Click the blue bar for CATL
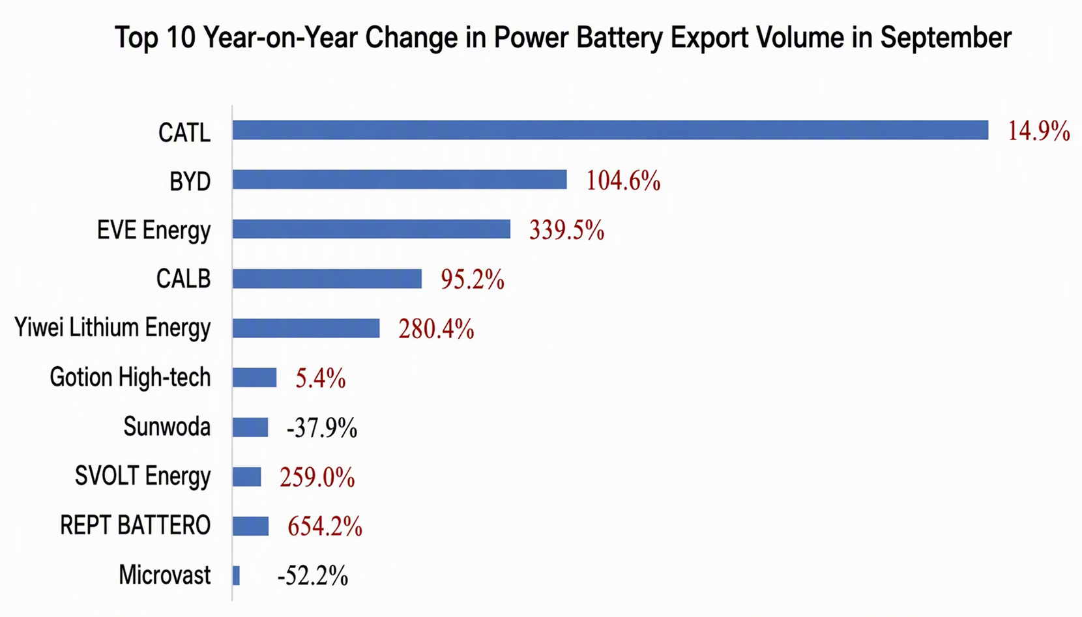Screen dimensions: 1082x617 (x=610, y=130)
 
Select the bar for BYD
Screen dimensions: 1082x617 (x=400, y=180)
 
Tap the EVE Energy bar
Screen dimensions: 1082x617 (x=372, y=229)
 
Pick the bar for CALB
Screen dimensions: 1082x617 (x=327, y=279)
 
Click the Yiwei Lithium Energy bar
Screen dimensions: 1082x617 (x=306, y=328)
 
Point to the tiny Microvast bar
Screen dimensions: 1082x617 (x=236, y=575)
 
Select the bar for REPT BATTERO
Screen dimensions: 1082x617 (x=250, y=526)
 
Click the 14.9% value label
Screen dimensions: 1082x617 (x=1038, y=132)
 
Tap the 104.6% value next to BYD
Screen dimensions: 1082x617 (x=623, y=181)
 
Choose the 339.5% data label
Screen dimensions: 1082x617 (x=566, y=230)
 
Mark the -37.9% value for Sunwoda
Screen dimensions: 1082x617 (x=322, y=428)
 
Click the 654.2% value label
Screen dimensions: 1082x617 (x=325, y=526)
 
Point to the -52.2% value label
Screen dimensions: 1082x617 (x=312, y=575)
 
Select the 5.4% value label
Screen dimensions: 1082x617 (x=320, y=378)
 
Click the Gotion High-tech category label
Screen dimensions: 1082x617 (x=130, y=377)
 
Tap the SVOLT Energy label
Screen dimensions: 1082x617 (x=143, y=476)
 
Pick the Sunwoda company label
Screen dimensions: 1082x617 (x=167, y=427)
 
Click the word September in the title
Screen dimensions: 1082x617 (x=946, y=38)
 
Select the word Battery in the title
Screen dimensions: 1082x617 (x=620, y=38)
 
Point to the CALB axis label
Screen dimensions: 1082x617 (x=184, y=279)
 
